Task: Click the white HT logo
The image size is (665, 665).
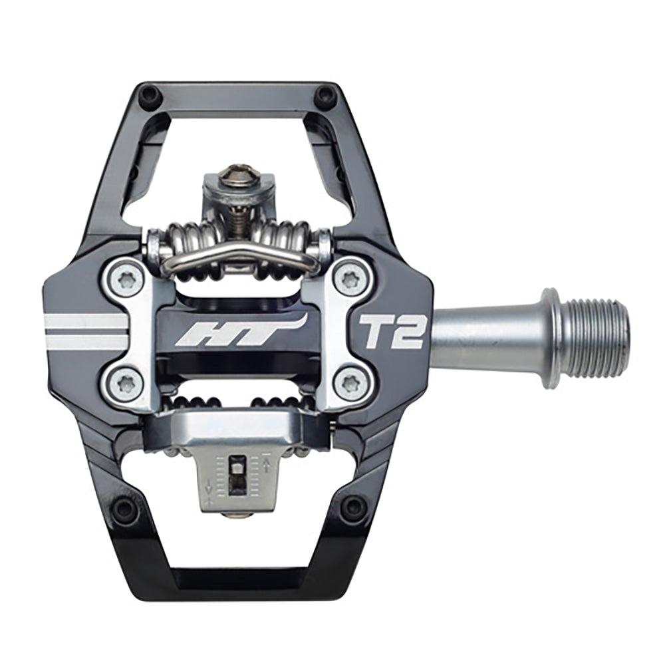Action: click(x=240, y=331)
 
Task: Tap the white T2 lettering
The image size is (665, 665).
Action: click(x=391, y=331)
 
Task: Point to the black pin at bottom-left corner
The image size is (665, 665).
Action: click(x=123, y=509)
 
